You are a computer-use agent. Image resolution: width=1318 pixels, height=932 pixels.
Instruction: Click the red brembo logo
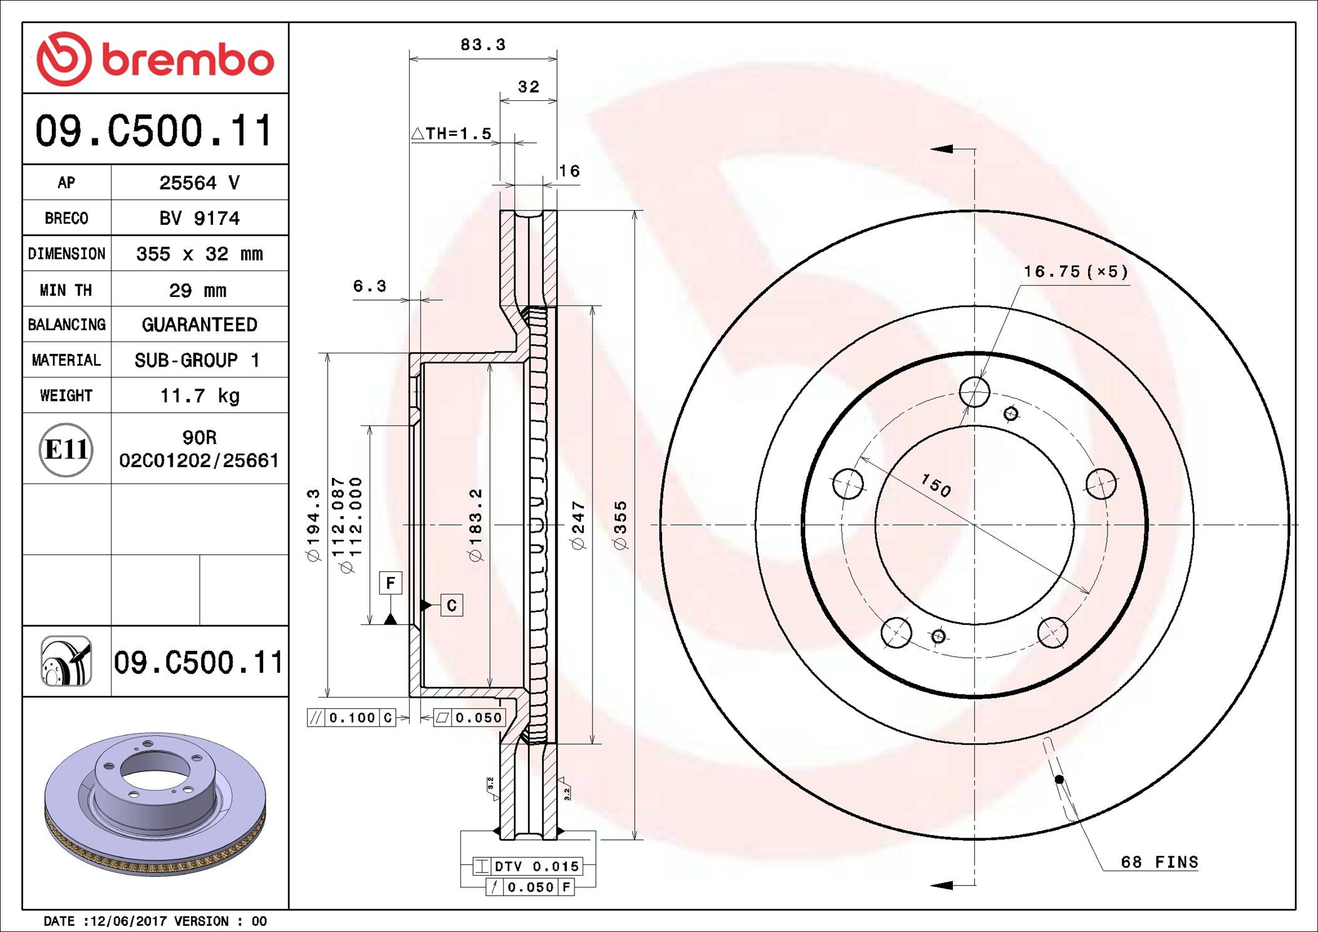pos(155,59)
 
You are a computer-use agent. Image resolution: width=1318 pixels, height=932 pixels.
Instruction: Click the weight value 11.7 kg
pos(199,396)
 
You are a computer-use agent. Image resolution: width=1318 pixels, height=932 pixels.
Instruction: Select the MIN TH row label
pos(66,290)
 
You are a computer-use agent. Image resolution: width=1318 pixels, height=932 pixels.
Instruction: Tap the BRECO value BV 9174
pos(199,218)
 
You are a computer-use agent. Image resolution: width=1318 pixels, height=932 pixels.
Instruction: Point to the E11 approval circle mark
pos(66,449)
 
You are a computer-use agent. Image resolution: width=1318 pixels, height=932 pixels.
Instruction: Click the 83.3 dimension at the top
pos(482,45)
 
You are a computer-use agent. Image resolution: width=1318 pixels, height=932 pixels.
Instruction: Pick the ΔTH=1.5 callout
pos(452,133)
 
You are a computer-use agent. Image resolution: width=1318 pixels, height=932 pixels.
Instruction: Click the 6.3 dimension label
pos(370,286)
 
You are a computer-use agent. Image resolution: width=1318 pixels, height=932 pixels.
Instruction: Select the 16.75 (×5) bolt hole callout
pos(1075,271)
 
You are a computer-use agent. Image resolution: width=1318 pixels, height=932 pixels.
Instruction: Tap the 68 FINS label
pos(1159,862)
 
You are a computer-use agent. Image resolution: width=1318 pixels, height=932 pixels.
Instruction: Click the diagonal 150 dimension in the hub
pos(936,485)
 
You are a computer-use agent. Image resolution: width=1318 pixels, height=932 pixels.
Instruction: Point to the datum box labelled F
pos(390,583)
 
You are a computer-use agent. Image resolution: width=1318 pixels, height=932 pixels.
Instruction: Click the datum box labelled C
pos(452,605)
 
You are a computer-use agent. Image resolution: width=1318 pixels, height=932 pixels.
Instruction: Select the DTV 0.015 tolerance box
pos(528,866)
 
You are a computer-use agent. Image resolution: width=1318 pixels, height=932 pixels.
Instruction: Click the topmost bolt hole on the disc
pos(974,393)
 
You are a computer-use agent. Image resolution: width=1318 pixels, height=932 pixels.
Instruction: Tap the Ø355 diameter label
pos(620,525)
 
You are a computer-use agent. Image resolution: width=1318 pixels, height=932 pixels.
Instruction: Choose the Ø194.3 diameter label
pos(313,525)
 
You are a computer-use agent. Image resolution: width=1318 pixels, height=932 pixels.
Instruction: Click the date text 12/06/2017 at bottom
pos(128,921)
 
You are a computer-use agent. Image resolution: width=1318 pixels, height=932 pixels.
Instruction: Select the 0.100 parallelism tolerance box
pos(351,718)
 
